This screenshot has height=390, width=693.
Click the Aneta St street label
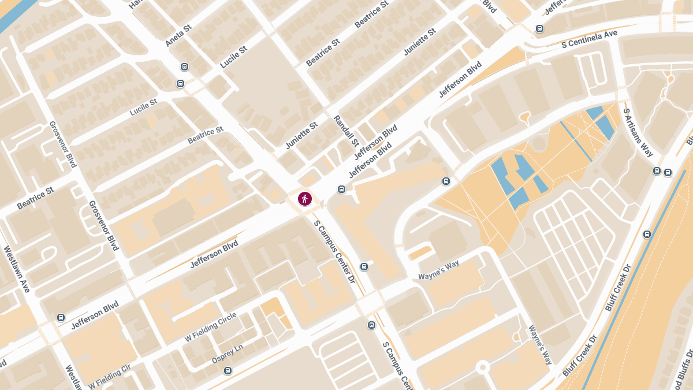click(x=178, y=36)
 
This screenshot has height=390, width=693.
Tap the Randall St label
click(x=346, y=131)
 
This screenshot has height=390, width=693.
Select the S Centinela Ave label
click(x=589, y=39)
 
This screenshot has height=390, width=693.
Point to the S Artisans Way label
click(x=639, y=132)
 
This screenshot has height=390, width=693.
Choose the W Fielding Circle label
click(x=210, y=326)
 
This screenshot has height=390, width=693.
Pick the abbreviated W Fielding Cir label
click(x=110, y=376)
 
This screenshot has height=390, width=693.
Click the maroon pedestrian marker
click(x=304, y=199)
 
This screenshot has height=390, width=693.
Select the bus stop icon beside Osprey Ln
click(x=228, y=370)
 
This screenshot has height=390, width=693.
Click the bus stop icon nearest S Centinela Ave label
click(x=539, y=28)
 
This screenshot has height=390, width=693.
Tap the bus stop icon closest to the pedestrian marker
click(x=341, y=189)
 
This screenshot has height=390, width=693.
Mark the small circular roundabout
click(x=482, y=367)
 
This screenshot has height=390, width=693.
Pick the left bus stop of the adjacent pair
click(x=657, y=171)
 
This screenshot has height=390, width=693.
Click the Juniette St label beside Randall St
click(x=301, y=135)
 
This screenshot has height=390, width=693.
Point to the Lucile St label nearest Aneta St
click(x=233, y=58)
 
